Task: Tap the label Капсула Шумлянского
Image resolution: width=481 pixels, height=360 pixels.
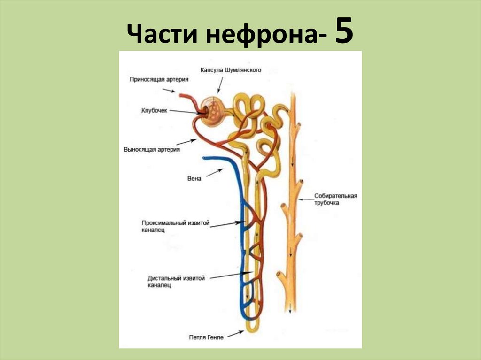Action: point(230,70)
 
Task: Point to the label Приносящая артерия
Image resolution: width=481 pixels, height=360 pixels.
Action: point(159,79)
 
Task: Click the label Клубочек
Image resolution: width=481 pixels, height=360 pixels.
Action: point(155,111)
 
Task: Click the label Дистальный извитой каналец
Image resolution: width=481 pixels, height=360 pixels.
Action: point(176,281)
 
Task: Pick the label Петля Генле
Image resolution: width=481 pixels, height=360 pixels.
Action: point(206,337)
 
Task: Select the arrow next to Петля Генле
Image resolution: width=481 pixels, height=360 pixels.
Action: point(236,333)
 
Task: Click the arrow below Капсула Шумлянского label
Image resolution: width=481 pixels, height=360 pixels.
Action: point(219,85)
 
